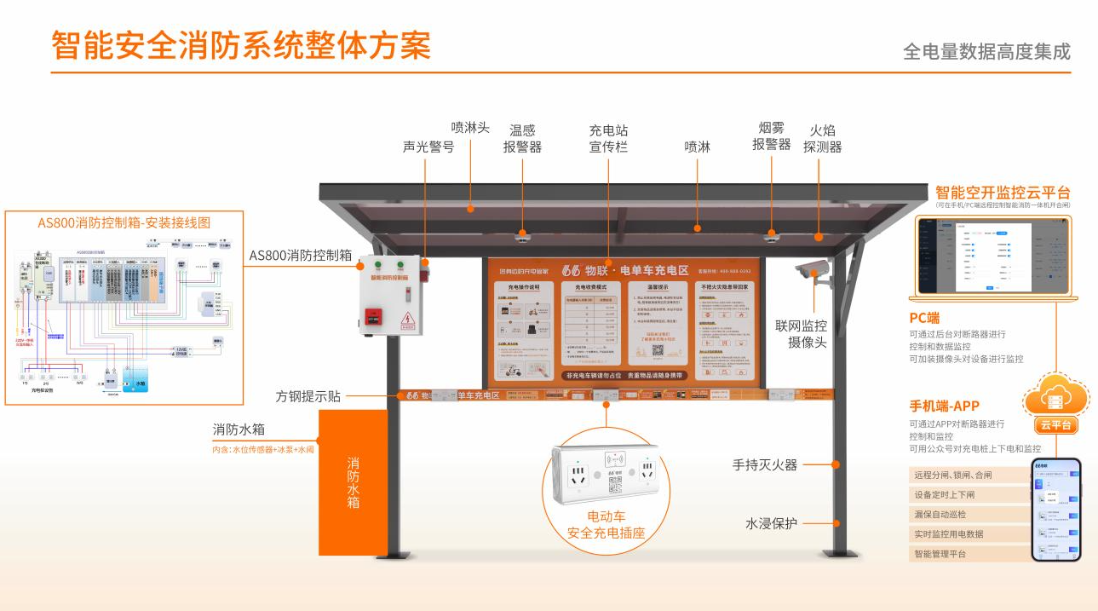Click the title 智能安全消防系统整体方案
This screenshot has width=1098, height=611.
click(241, 45)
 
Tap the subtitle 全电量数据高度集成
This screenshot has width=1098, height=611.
click(986, 51)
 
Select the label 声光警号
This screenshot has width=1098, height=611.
click(428, 147)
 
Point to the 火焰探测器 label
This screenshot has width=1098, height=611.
click(822, 138)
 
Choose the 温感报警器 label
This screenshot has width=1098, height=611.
click(522, 138)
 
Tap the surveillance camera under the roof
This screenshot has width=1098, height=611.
click(811, 271)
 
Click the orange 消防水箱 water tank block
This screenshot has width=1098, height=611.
click(353, 482)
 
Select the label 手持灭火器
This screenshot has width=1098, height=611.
click(765, 465)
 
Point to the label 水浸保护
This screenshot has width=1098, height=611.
click(771, 523)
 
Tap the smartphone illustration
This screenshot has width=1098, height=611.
click(1055, 510)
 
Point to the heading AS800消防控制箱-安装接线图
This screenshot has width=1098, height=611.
click(124, 222)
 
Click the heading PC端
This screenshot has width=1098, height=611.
click(924, 318)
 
